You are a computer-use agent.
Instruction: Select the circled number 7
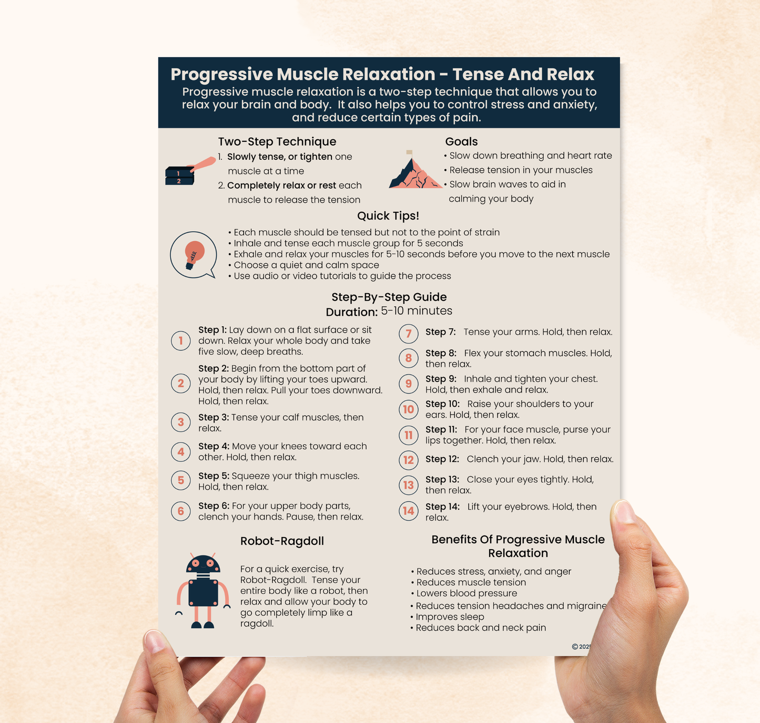point(409,334)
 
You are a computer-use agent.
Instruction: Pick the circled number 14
point(409,511)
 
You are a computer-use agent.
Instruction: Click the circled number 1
point(181,341)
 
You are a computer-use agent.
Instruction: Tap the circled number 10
point(409,409)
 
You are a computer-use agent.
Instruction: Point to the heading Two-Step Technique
point(277,141)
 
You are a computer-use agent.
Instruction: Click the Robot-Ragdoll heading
point(282,541)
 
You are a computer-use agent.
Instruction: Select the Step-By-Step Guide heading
point(389,297)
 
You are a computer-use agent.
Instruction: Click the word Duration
point(351,312)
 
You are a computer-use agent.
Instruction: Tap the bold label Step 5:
point(214,476)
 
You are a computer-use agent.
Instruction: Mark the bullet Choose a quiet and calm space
point(306,265)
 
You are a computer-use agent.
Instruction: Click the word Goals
point(461,141)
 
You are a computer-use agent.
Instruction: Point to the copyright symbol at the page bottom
point(575,647)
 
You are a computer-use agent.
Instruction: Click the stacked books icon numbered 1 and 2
point(180,176)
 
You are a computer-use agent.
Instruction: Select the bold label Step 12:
point(442,459)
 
